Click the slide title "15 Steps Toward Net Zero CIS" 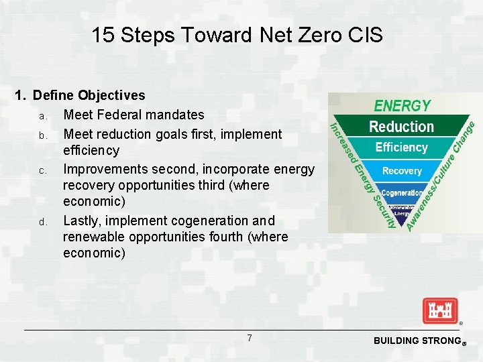(x=237, y=35)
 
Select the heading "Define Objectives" (x=89, y=96)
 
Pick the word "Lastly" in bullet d (x=81, y=221)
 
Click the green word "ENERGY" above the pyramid (x=402, y=106)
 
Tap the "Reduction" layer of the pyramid (x=401, y=127)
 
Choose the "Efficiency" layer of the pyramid (x=401, y=147)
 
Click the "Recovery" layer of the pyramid (x=402, y=171)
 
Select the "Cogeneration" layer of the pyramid (x=402, y=193)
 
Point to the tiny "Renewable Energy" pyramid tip (x=402, y=210)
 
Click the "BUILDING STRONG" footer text (x=415, y=341)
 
